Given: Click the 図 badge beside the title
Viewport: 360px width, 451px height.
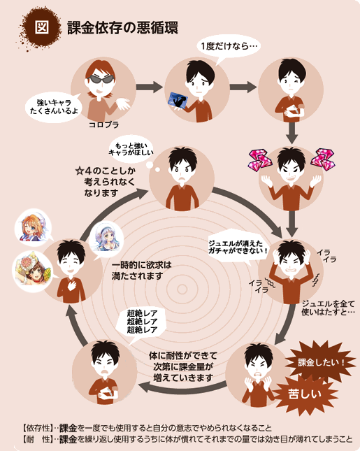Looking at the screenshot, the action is point(41,27).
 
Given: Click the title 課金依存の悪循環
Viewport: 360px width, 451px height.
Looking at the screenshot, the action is point(123,27).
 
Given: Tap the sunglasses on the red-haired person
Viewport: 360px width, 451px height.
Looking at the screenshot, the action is point(100,79).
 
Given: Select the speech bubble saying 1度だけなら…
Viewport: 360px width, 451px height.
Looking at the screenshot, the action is point(229,48).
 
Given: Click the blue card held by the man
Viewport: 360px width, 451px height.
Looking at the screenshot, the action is point(178,101).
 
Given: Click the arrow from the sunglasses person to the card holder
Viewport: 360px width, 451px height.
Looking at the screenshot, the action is point(150,87).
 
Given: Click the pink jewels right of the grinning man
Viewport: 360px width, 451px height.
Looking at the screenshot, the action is point(323,159).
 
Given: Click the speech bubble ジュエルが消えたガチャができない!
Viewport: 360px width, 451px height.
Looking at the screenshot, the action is point(238,248).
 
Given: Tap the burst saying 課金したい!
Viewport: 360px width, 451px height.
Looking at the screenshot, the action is point(320,362).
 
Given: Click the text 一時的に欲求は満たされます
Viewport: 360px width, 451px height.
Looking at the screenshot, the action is point(141,271).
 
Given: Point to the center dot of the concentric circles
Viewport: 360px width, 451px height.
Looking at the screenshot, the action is point(182,289).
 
